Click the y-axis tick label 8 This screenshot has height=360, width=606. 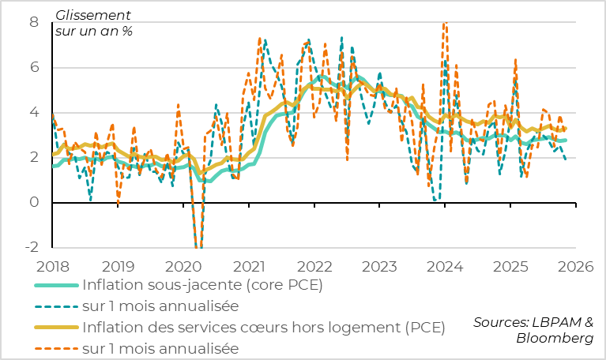click(x=34, y=23)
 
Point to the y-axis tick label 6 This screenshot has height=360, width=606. click(x=34, y=68)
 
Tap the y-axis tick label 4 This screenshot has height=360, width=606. click(x=34, y=113)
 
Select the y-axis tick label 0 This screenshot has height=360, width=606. click(x=34, y=203)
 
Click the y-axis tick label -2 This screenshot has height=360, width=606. click(x=31, y=248)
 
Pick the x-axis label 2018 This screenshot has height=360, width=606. click(x=53, y=268)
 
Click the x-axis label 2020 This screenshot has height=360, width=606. click(x=183, y=268)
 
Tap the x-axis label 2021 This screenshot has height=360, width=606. click(x=249, y=268)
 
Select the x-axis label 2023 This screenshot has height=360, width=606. click(x=379, y=268)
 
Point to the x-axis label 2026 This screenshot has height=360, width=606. click(x=575, y=268)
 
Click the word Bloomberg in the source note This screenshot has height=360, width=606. click(x=555, y=339)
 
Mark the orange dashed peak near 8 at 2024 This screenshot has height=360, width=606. click(x=445, y=24)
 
